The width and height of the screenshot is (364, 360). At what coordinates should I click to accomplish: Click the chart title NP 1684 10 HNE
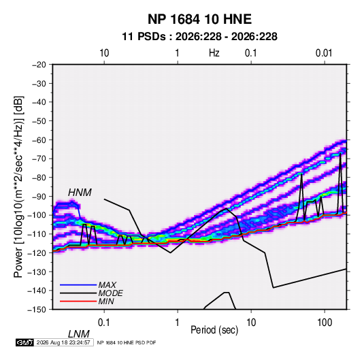tap(199, 19)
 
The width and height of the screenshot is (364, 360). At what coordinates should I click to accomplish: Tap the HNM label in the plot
tap(80, 193)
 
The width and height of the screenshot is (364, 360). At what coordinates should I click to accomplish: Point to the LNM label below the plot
tap(79, 334)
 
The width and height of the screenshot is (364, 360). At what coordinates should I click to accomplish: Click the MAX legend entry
tap(107, 284)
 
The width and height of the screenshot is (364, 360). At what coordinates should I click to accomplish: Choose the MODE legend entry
tap(110, 293)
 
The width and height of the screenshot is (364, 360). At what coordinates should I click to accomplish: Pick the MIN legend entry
tap(106, 301)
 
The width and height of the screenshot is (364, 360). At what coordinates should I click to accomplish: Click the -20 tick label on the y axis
tap(39, 65)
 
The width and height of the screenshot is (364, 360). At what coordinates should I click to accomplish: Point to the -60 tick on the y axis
tap(39, 140)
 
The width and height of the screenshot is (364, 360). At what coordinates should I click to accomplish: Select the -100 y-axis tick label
tap(37, 215)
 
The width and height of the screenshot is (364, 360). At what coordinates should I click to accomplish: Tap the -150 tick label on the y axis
tap(37, 310)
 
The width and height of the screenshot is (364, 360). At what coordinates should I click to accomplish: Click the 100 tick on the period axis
tap(325, 323)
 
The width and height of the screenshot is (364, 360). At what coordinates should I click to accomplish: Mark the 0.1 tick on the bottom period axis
tap(104, 323)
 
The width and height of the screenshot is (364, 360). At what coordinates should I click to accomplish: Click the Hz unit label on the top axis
tap(214, 53)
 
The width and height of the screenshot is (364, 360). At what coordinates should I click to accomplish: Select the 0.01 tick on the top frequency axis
tap(324, 53)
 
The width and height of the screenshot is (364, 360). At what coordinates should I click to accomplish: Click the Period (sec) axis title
tap(214, 330)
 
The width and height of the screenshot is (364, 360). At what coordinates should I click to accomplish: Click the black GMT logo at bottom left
tap(25, 342)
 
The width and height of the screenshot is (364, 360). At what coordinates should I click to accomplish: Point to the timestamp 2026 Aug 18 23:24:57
tap(63, 342)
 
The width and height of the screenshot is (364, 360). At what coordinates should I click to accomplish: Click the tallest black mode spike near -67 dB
tap(340, 153)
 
